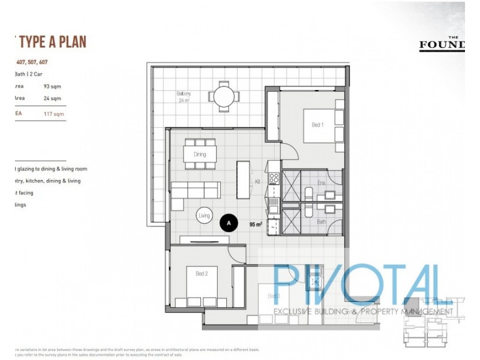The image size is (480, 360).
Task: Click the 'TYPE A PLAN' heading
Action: [53, 41]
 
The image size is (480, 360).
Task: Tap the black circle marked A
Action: [228, 223]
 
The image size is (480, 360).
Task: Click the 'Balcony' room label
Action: [184, 94]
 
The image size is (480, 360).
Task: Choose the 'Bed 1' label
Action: [317, 125]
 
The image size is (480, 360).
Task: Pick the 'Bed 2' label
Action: [202, 274]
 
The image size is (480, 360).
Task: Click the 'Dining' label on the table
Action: [200, 154]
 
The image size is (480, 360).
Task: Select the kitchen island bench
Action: [244, 179]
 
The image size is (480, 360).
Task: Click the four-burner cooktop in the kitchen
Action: [274, 178]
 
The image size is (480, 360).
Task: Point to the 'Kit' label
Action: [257, 181]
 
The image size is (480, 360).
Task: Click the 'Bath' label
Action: [322, 221]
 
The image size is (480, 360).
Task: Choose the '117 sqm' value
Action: [53, 113]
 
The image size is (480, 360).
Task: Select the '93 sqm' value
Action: [52, 86]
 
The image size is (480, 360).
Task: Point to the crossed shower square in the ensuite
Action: [292, 187]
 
